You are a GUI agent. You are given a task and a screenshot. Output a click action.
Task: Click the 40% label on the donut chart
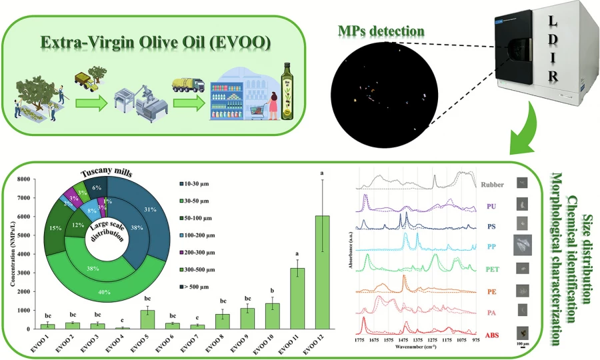tap(105, 291)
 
